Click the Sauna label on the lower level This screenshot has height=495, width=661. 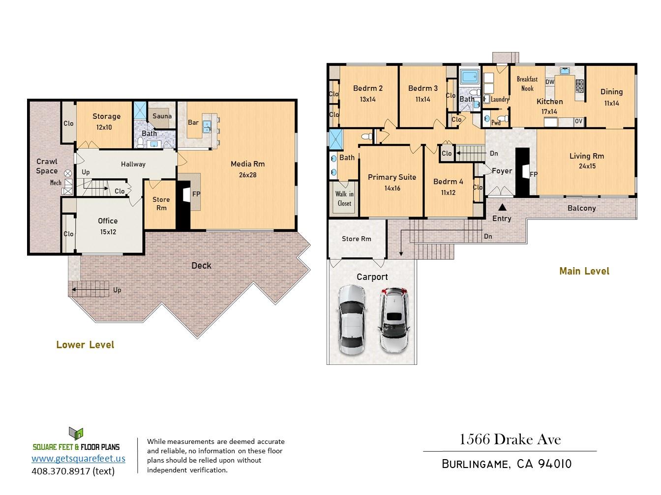coord(162,116)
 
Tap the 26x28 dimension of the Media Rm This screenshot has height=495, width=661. coord(247,175)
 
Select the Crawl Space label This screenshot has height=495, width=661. coord(47,166)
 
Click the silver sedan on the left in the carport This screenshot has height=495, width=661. coord(352,320)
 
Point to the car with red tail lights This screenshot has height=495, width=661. coord(393,320)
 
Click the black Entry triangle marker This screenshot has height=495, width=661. coord(502,207)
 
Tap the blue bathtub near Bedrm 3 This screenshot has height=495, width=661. coord(470,77)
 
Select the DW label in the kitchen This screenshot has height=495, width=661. coord(549,82)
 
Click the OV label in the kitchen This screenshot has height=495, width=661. coord(578,121)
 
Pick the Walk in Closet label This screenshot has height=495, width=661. coord(344,199)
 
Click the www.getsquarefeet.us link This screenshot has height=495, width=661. coord(78,458)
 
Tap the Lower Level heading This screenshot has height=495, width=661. coord(85,344)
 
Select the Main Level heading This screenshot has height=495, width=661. coord(584,271)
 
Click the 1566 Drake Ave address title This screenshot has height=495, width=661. coord(510,440)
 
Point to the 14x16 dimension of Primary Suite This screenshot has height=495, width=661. coord(392,188)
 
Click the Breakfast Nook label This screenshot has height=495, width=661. coord(527,84)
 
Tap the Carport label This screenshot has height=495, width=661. coord(372,277)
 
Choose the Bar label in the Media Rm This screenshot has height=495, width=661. coord(193,122)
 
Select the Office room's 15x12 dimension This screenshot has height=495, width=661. coord(108,232)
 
